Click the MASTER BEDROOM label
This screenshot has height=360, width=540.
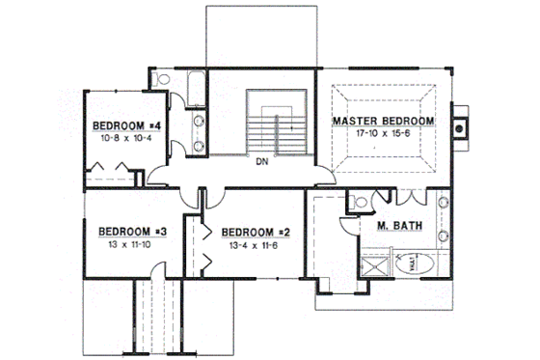click(x=383, y=122)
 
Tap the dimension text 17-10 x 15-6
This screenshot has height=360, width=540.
click(x=383, y=135)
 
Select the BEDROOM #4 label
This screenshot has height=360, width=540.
click(x=126, y=126)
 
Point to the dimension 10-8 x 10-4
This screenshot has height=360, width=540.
click(x=126, y=139)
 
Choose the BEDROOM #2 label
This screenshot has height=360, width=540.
click(x=256, y=233)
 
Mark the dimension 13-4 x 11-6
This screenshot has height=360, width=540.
click(x=256, y=246)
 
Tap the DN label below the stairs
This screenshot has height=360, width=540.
click(x=261, y=162)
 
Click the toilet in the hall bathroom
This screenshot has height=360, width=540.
click(x=164, y=79)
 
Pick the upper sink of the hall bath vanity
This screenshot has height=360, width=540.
click(x=200, y=122)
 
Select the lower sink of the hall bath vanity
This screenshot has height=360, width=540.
click(x=200, y=144)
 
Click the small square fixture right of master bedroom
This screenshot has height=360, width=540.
click(x=461, y=125)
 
